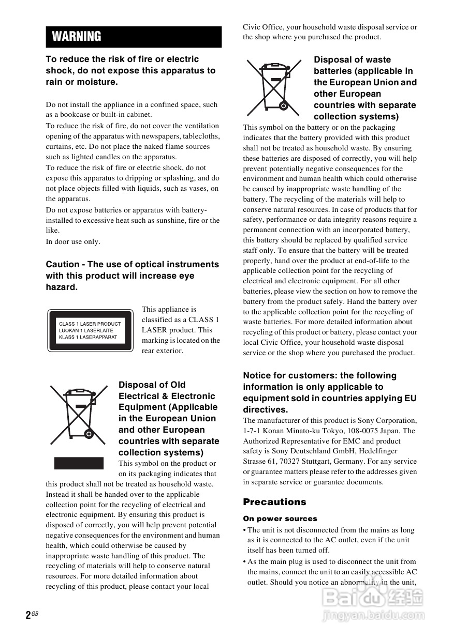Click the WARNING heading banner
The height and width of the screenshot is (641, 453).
(134, 37)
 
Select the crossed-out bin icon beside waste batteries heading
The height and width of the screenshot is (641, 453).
(273, 88)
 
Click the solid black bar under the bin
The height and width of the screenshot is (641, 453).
(79, 463)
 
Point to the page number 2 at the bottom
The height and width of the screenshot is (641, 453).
(27, 615)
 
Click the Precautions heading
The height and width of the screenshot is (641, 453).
(274, 502)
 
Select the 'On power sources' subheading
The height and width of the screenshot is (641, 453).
(280, 518)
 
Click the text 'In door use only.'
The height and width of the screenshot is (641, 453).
(73, 241)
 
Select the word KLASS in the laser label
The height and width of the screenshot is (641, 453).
(67, 337)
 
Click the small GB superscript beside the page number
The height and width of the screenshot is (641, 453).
(35, 613)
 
